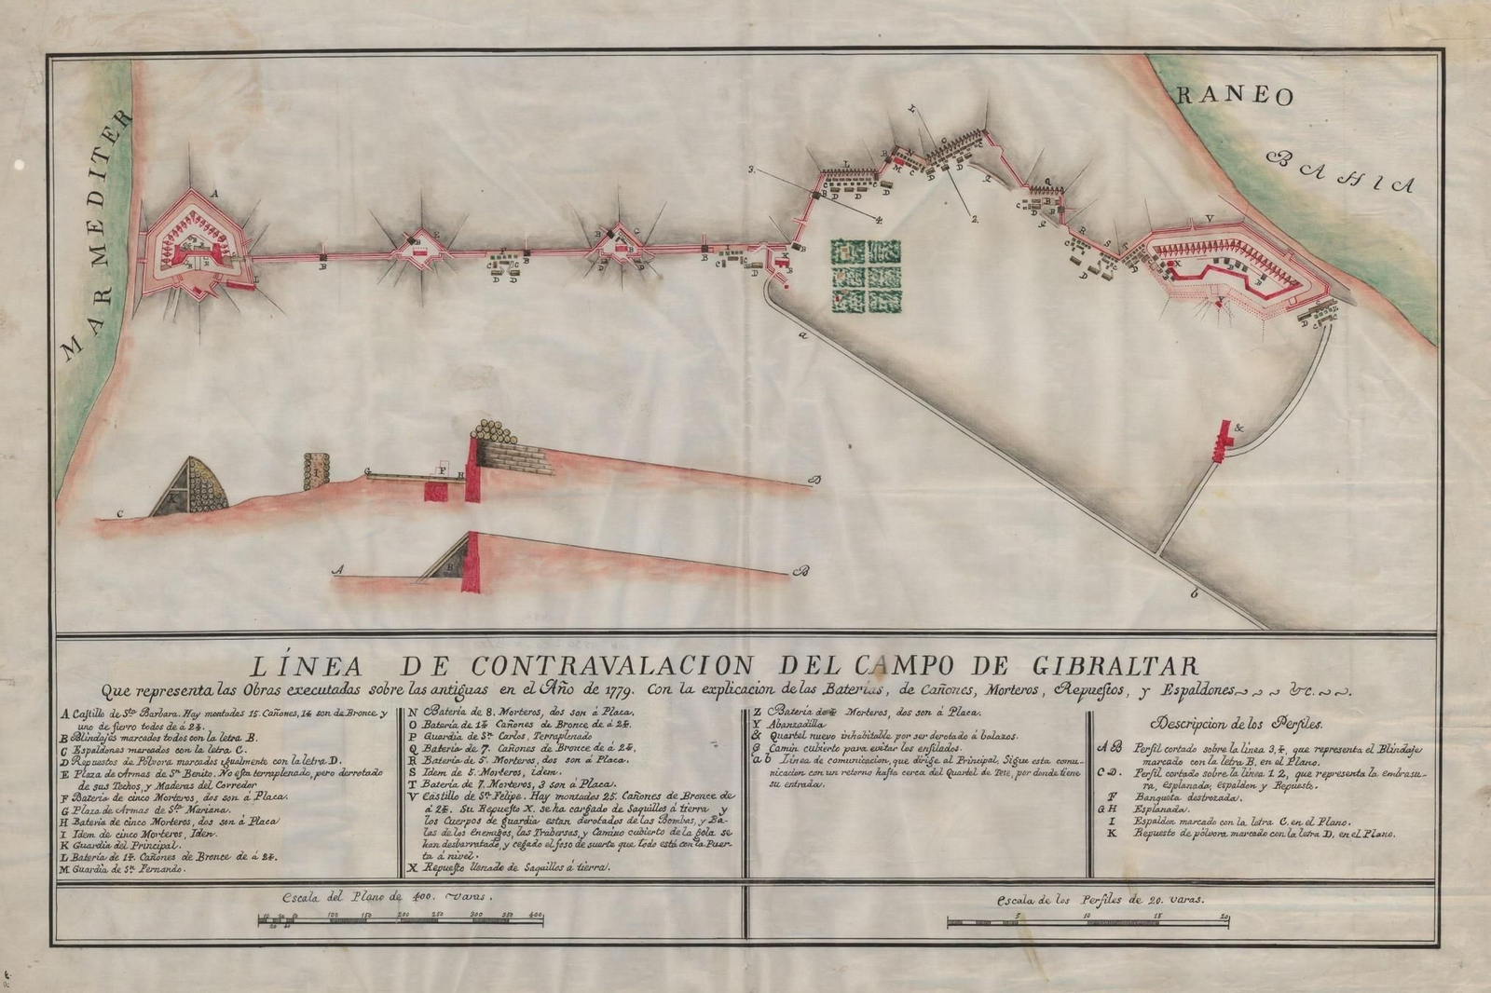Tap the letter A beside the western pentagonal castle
point(215,194)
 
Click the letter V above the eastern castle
point(1209,220)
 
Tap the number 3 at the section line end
point(750,170)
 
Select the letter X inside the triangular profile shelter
point(171,498)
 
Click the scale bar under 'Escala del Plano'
point(401,920)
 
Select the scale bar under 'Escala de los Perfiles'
point(1088,922)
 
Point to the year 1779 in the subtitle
point(616,691)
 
